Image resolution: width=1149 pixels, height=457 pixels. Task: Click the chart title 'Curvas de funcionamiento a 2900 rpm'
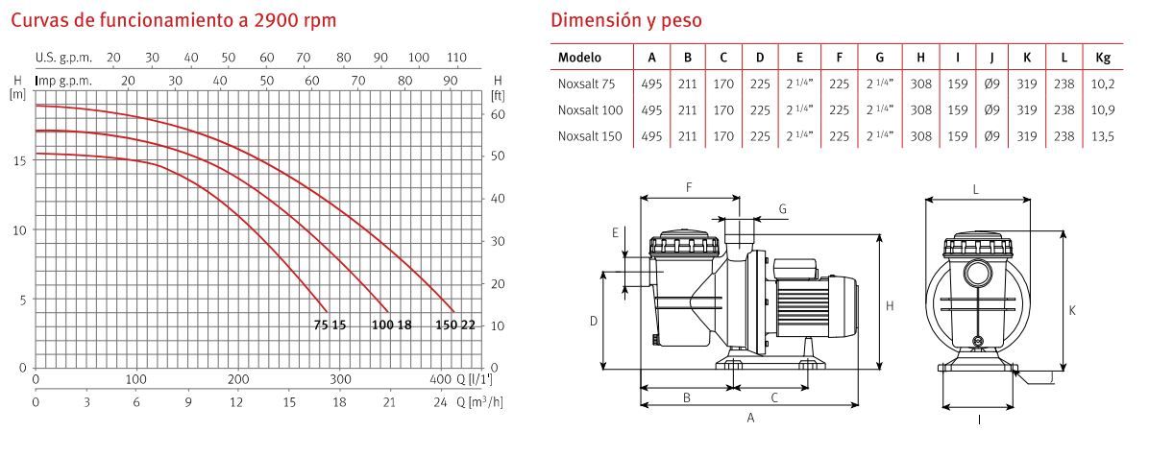click(173, 20)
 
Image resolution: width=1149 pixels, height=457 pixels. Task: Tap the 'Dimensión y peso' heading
click(625, 20)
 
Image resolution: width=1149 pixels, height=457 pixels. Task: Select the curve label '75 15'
click(330, 325)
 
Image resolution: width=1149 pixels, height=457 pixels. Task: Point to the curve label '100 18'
click(392, 325)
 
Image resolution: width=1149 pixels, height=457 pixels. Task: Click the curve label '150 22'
click(455, 325)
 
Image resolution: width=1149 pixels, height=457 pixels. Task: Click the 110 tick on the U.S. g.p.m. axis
click(455, 58)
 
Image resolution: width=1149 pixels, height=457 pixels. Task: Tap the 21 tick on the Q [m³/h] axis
click(389, 401)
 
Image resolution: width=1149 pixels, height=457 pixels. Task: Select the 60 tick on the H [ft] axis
click(498, 114)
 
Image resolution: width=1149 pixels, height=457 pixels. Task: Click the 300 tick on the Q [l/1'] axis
click(339, 379)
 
